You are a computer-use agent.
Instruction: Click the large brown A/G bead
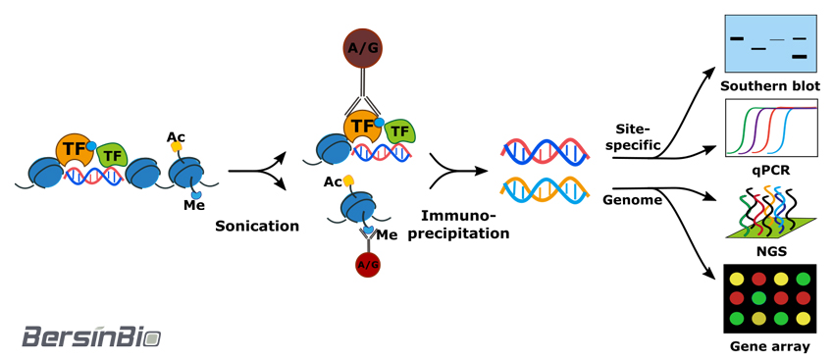(362, 48)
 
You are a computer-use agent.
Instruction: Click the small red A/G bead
(368, 265)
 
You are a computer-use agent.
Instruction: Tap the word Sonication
(257, 226)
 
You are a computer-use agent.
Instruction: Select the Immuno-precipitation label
(465, 225)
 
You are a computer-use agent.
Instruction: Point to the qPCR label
(770, 173)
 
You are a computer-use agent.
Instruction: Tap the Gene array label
(770, 346)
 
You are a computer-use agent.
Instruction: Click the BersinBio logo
(91, 336)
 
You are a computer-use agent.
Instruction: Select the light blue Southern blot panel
(770, 43)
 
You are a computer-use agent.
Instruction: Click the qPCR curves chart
(771, 129)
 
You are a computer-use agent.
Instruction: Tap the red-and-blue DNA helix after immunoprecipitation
(545, 151)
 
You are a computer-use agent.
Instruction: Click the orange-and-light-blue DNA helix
(545, 190)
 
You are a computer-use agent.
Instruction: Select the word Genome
(633, 200)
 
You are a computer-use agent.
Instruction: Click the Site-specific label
(638, 136)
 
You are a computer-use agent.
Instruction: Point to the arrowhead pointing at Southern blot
(711, 73)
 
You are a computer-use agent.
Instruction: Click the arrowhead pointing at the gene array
(713, 274)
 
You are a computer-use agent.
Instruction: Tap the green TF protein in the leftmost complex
(113, 155)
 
